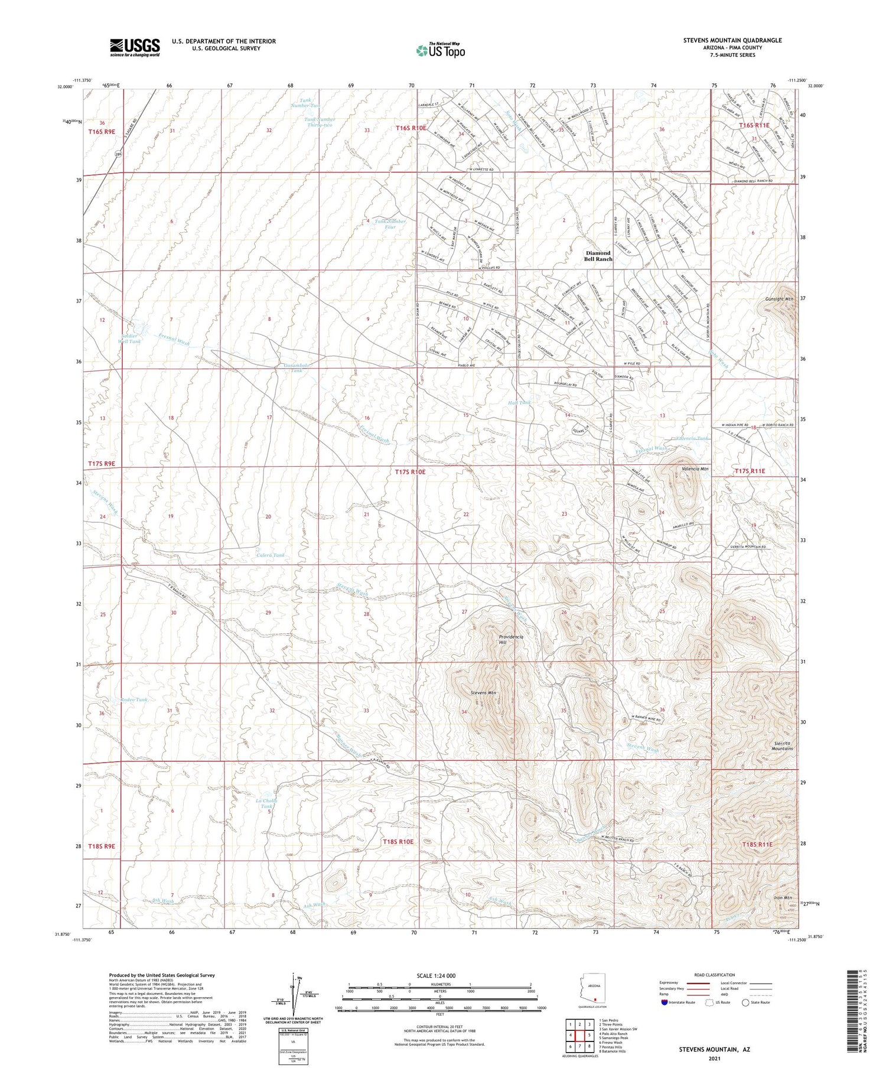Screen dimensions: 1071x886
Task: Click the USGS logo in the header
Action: coord(135,47)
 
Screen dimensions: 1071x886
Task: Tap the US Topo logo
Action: coord(440,51)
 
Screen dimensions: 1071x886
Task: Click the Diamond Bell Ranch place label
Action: coord(598,256)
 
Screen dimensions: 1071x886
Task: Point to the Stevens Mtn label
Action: coord(483,692)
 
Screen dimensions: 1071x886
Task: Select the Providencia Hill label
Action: coord(510,640)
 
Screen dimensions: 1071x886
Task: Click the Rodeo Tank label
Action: coord(133,699)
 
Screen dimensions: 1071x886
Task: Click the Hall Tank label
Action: coord(519,402)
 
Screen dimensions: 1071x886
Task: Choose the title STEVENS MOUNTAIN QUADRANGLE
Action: coord(732,40)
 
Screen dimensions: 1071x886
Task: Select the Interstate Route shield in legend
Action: coord(664,1002)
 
